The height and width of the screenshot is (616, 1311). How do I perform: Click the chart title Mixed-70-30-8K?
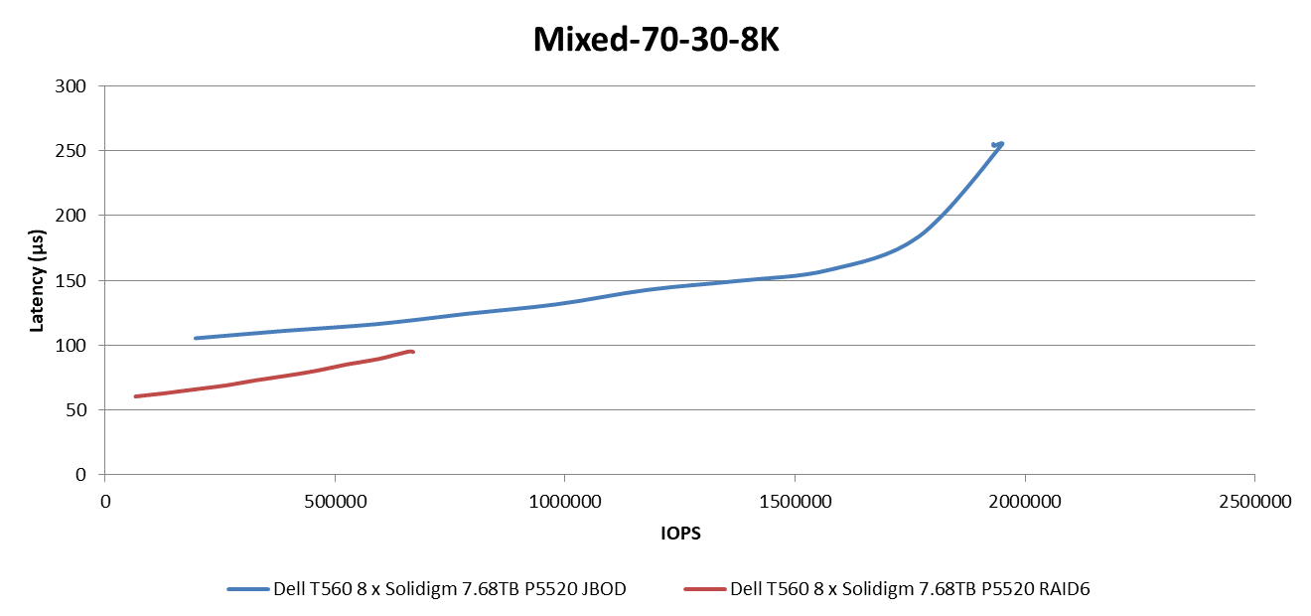[655, 39]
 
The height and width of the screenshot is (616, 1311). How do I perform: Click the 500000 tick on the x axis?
[335, 503]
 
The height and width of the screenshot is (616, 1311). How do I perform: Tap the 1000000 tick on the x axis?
[564, 503]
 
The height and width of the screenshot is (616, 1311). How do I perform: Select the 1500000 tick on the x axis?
[794, 503]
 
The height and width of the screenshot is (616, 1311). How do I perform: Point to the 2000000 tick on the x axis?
[1024, 503]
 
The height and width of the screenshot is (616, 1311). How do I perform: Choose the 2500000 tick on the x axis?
[1253, 503]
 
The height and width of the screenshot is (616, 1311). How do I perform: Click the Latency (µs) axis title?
[37, 280]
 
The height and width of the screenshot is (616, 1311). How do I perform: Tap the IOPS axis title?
[680, 534]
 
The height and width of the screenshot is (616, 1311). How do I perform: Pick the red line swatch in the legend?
[704, 589]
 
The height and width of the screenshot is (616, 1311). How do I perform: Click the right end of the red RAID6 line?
[412, 352]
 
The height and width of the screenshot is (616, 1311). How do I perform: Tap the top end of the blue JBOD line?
[1001, 143]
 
